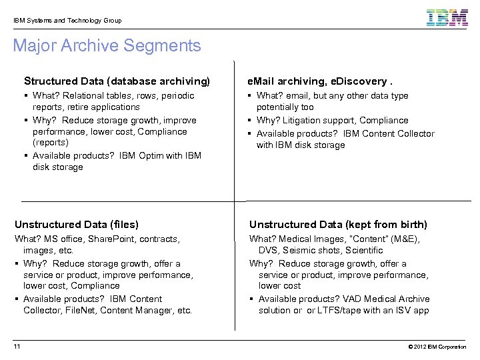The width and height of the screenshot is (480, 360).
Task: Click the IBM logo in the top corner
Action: point(447,19)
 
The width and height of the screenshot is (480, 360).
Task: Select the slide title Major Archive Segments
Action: point(107,46)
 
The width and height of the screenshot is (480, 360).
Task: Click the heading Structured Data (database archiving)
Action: point(117,81)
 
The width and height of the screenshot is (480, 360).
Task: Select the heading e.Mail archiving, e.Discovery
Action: point(320,81)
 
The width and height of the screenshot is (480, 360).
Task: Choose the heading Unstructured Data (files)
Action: point(77,225)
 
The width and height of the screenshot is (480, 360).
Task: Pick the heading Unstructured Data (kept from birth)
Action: point(338,225)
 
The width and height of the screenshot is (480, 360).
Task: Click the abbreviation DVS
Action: point(269,251)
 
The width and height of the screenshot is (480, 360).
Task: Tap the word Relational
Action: point(85,96)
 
